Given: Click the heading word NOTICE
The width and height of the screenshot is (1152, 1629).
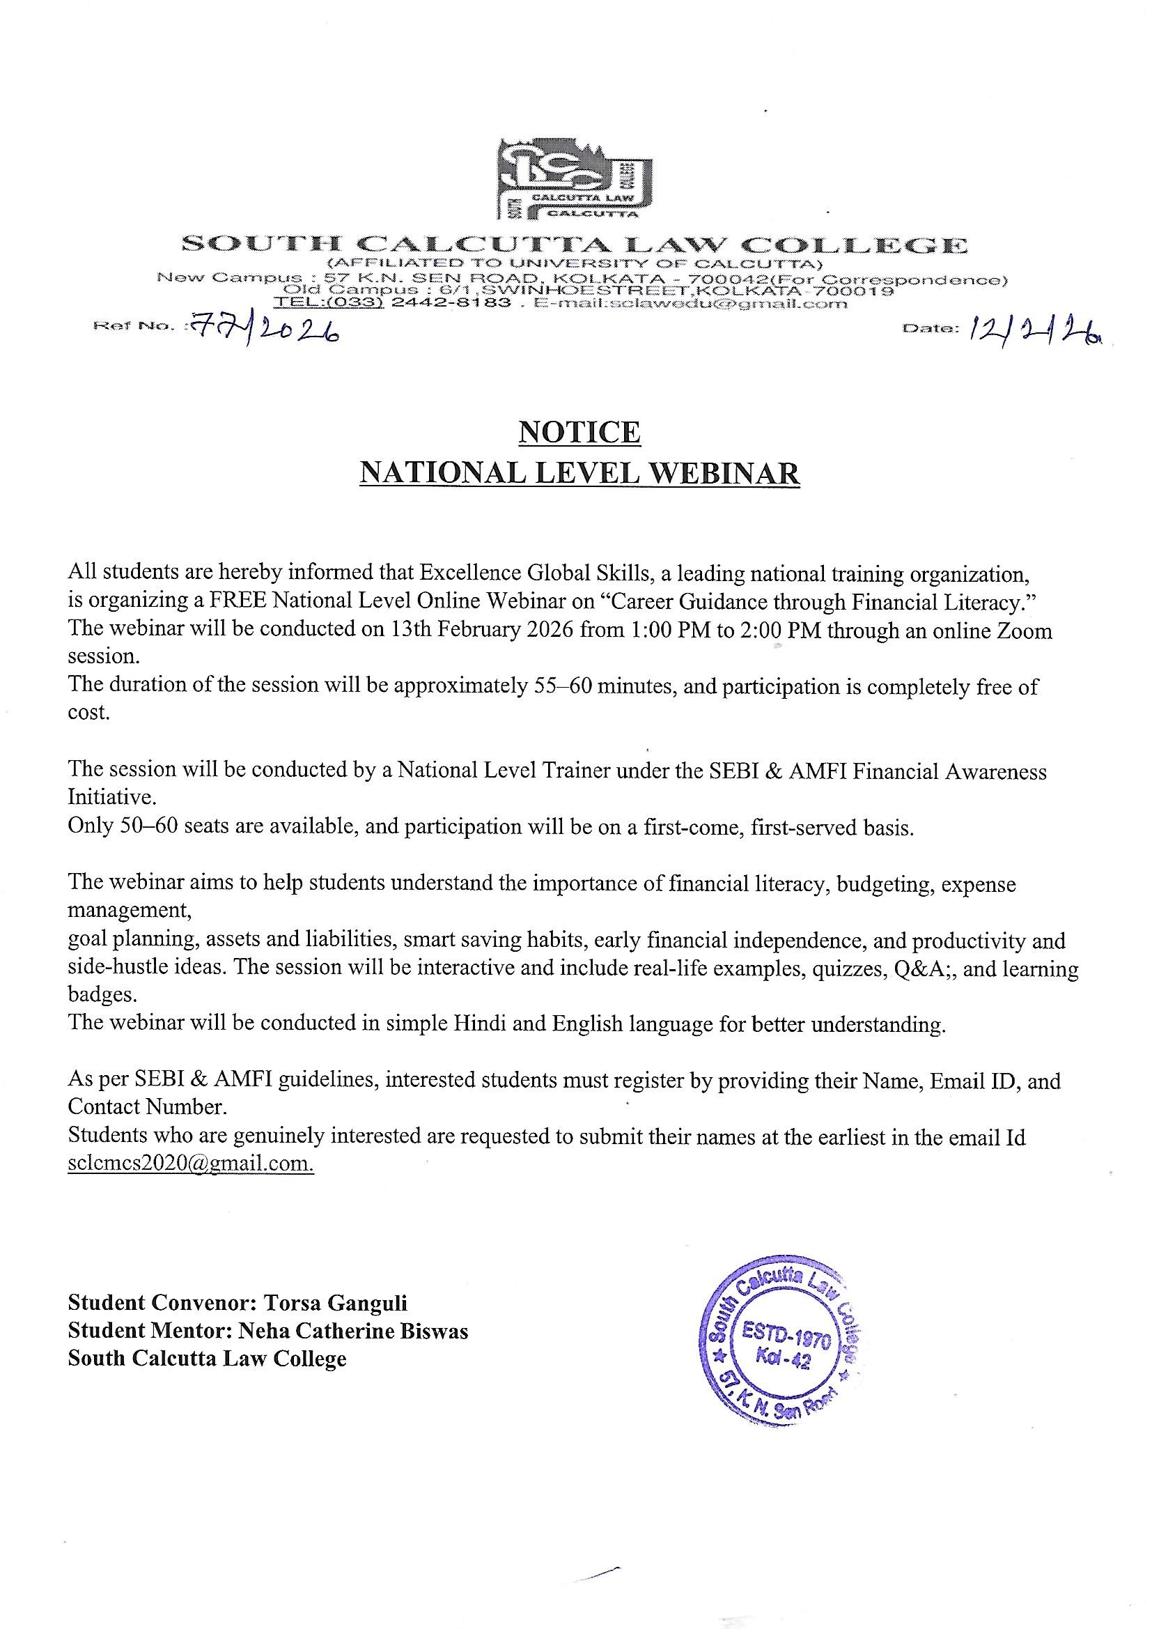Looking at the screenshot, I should coord(579,432).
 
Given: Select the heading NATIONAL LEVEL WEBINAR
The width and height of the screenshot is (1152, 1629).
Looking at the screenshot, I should coord(579,473).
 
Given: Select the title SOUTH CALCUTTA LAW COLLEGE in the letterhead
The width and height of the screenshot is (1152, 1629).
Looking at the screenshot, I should coord(574,246).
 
